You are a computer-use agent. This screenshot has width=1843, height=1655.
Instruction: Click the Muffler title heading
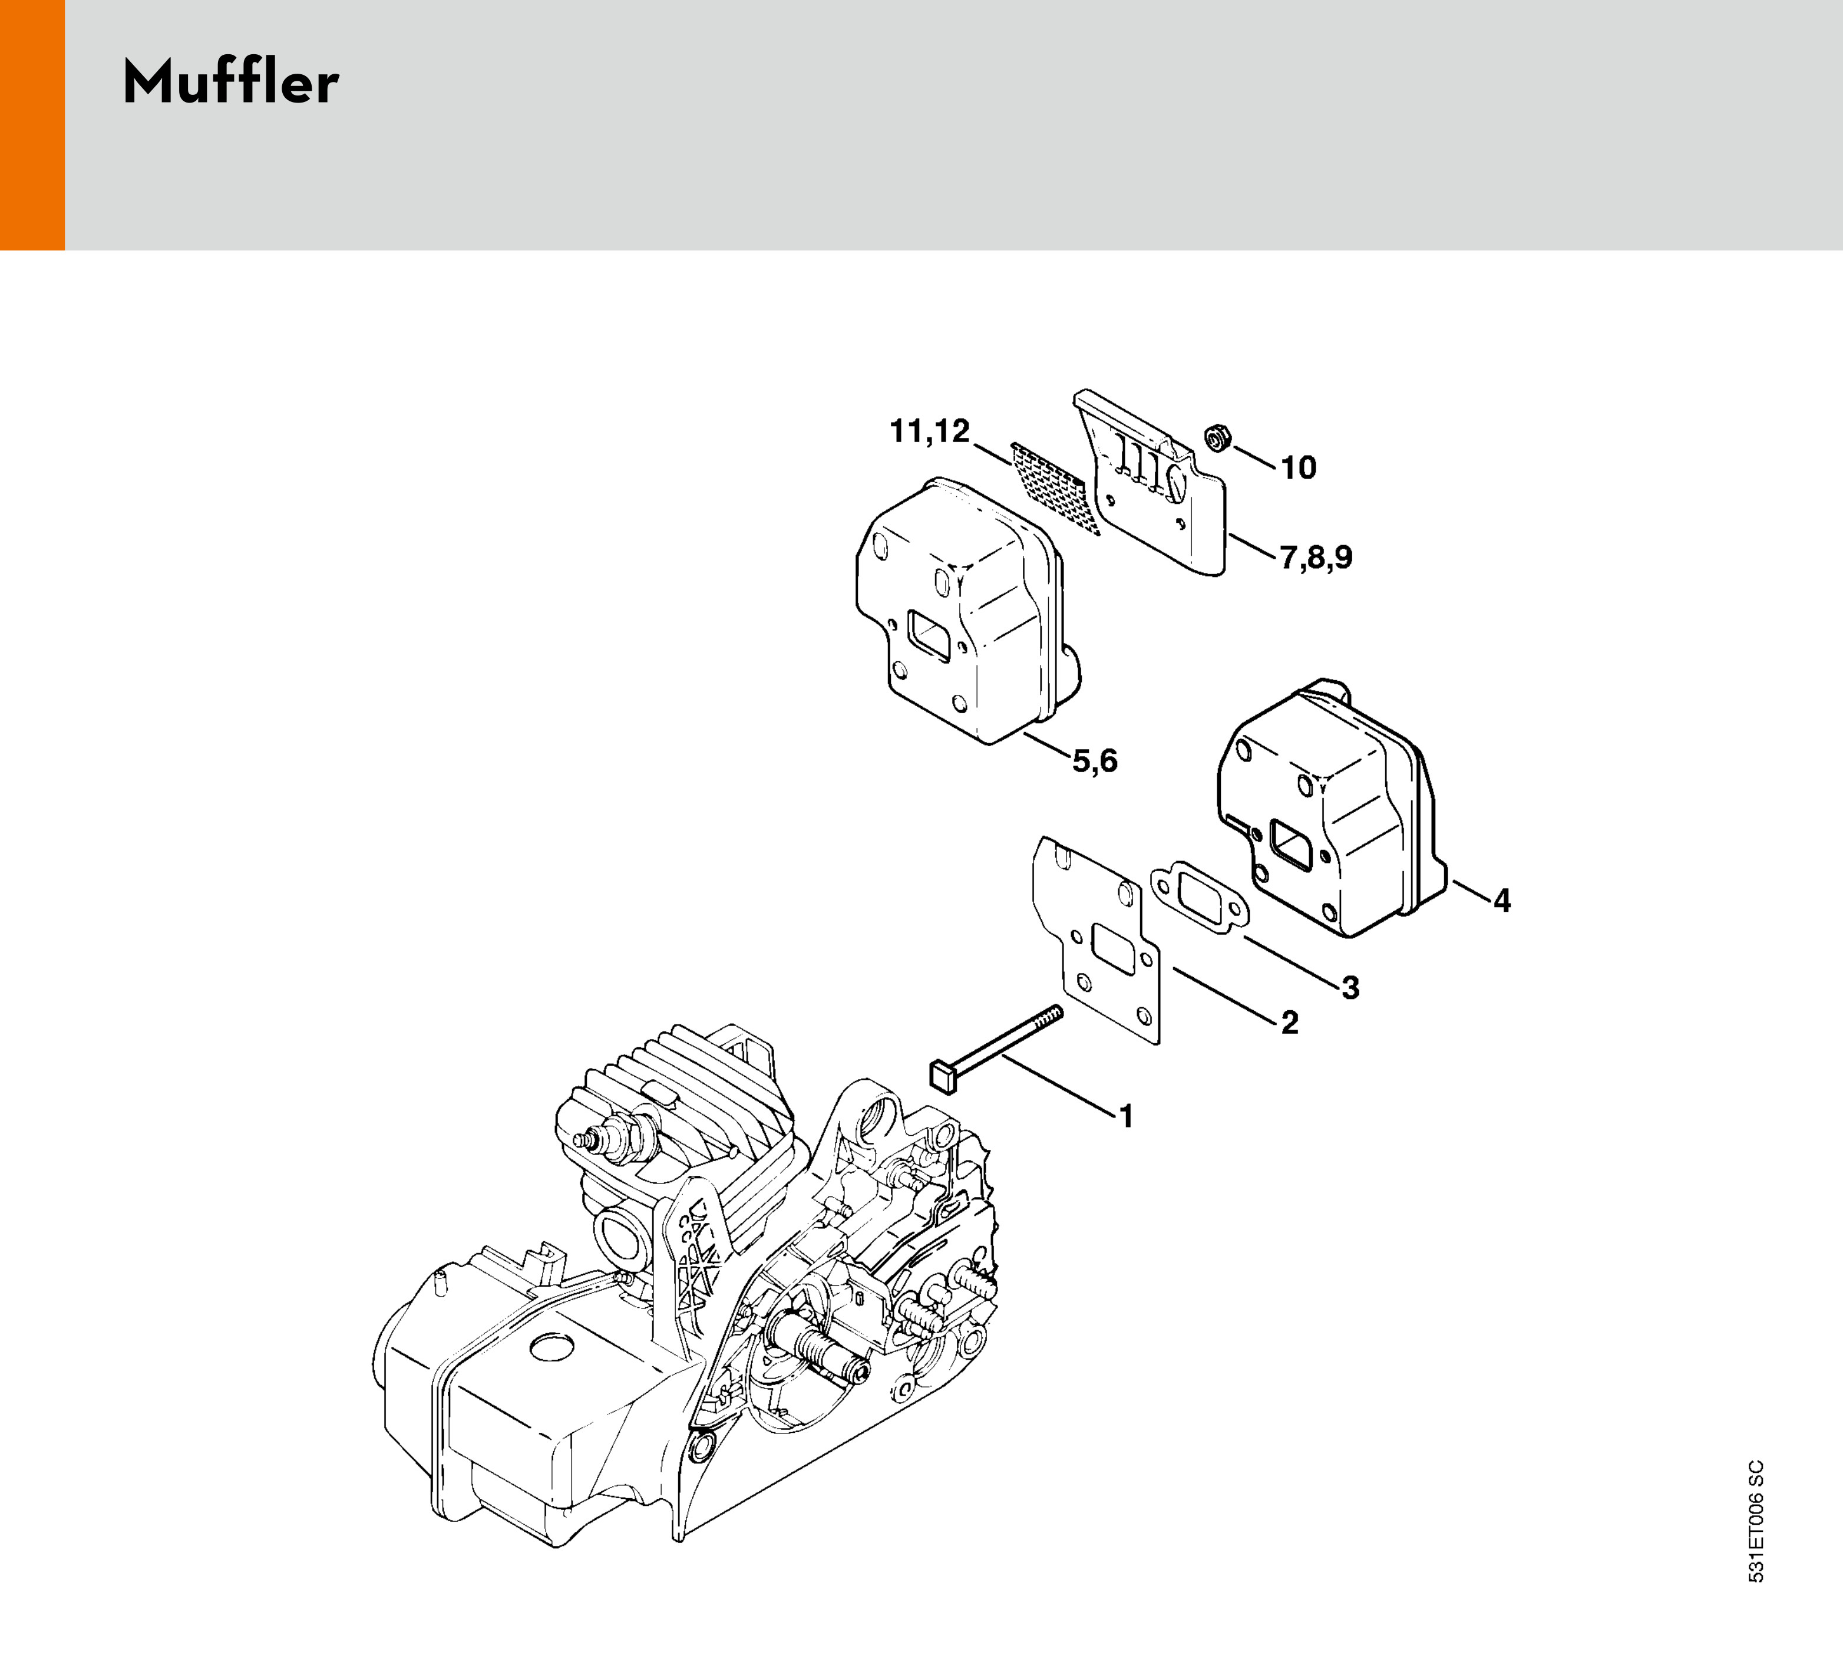click(x=231, y=84)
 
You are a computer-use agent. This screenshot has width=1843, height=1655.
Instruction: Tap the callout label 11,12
click(x=929, y=431)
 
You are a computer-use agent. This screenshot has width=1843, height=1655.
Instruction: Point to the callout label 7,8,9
click(x=1316, y=556)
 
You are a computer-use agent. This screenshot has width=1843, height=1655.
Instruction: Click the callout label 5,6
click(x=1095, y=760)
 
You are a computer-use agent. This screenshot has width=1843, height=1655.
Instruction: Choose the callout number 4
click(x=1501, y=900)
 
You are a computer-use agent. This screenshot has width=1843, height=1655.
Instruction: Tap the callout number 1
click(x=1127, y=1116)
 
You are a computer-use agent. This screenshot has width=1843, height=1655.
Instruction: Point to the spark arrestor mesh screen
click(x=1043, y=476)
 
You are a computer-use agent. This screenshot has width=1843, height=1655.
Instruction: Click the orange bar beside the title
click(x=32, y=124)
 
